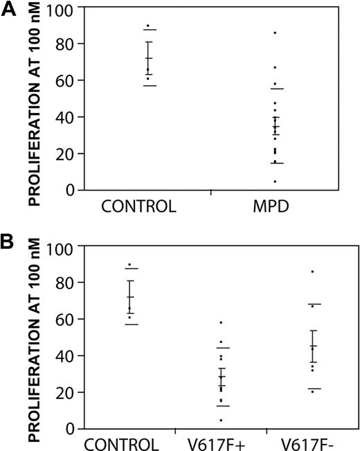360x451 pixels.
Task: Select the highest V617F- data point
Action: (x=313, y=272)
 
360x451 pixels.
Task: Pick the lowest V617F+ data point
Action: (x=221, y=421)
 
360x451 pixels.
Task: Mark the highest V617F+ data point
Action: (x=221, y=323)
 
